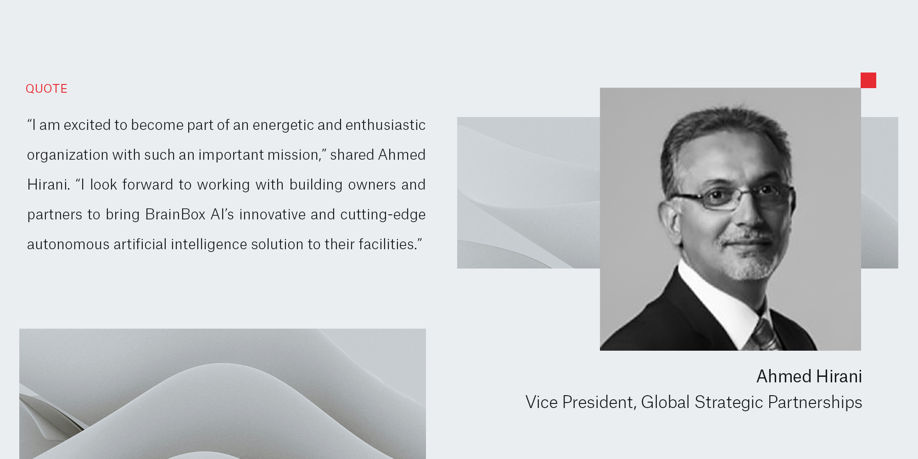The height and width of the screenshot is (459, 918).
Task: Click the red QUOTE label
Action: pyautogui.click(x=46, y=89)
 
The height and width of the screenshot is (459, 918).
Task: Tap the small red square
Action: pyautogui.click(x=868, y=80)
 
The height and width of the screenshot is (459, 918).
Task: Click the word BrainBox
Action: pyautogui.click(x=175, y=214)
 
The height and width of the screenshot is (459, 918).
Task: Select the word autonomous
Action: pyautogui.click(x=68, y=244)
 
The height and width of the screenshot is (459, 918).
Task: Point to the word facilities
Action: pyautogui.click(x=386, y=244)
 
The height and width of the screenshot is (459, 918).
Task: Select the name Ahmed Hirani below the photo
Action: pyautogui.click(x=809, y=376)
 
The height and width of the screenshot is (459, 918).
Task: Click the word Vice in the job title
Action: pyautogui.click(x=541, y=402)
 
